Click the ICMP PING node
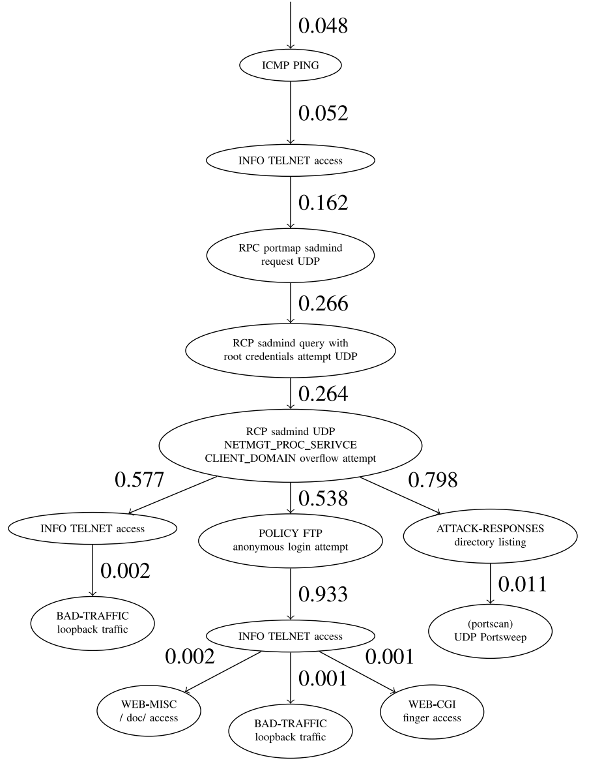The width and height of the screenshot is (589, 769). click(x=291, y=66)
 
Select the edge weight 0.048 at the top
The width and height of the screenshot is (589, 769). click(x=323, y=25)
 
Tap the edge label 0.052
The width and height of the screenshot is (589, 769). click(x=323, y=113)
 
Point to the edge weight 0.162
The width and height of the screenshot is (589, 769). click(x=323, y=202)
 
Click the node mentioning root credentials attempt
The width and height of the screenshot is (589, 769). click(x=291, y=352)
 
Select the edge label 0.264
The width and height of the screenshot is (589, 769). click(x=323, y=394)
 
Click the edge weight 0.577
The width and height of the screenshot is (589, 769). click(x=139, y=480)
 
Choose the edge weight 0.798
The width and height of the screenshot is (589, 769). click(x=433, y=480)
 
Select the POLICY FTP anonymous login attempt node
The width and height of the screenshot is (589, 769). click(x=291, y=538)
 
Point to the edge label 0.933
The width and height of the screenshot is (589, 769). click(x=323, y=594)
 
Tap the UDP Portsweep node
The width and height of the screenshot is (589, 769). click(x=490, y=632)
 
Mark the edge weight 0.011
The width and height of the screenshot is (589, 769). click(x=523, y=584)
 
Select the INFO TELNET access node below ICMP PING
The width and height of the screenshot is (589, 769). click(x=291, y=160)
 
